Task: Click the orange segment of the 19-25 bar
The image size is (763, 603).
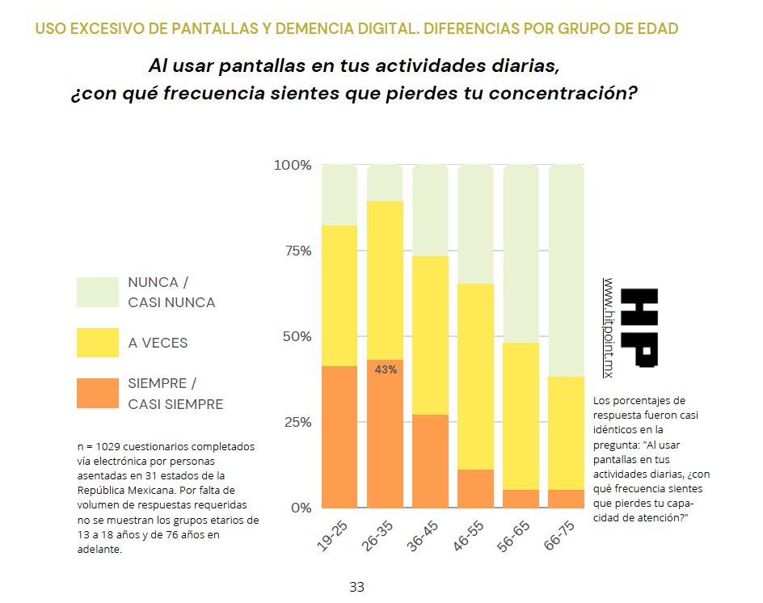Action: [339, 436]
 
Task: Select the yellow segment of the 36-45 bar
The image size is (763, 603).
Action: [431, 335]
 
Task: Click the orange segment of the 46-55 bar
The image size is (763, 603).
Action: [476, 488]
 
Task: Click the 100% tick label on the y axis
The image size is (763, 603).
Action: [293, 166]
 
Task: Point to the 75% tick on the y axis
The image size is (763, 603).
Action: [297, 251]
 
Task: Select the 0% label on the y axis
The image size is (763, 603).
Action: [301, 508]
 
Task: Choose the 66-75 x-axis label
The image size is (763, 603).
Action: [559, 538]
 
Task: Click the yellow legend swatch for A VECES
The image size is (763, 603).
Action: [98, 343]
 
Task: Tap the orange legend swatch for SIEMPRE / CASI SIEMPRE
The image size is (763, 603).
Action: [98, 394]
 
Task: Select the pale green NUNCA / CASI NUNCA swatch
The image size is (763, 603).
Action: [98, 292]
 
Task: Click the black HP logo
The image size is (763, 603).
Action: [643, 328]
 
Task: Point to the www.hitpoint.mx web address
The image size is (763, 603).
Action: [609, 327]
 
